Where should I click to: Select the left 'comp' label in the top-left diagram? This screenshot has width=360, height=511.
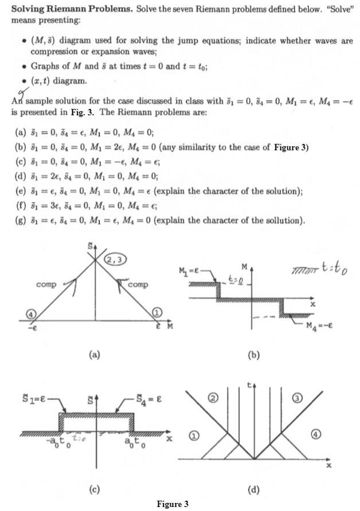[x=46, y=284]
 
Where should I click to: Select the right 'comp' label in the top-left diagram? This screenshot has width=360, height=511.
[x=138, y=284]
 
